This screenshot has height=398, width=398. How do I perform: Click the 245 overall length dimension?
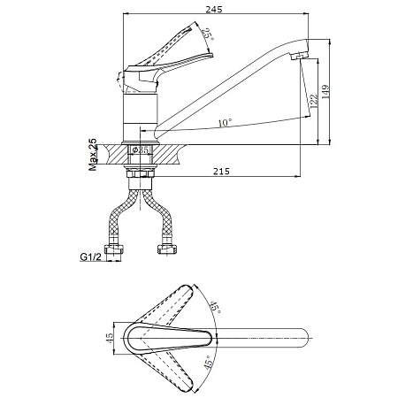coord(214,9)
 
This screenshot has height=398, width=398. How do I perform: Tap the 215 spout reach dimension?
coord(221,172)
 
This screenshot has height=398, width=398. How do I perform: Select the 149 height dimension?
coord(325,92)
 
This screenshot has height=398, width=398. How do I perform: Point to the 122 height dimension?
coord(313,101)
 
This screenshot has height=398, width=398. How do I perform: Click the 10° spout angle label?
coord(225,122)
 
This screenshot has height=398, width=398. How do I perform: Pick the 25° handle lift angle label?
coord(209,34)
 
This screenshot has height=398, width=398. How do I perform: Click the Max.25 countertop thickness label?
coord(93,155)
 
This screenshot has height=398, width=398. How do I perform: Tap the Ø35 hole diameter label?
coord(141,149)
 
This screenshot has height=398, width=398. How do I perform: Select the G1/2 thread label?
coord(90,256)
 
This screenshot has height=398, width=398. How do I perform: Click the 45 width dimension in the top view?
coord(110,338)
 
